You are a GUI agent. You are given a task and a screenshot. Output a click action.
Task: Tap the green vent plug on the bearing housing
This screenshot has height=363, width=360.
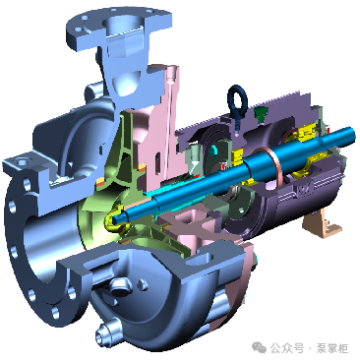(261, 114)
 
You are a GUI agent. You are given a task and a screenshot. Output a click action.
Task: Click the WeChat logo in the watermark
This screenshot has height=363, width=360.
(259, 347)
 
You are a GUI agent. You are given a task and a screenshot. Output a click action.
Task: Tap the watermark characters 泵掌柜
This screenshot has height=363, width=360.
(331, 348)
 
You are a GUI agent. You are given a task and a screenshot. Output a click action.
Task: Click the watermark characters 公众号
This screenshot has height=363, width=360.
(286, 348)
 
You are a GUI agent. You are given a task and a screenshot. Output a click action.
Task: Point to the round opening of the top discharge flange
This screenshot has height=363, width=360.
(123, 24)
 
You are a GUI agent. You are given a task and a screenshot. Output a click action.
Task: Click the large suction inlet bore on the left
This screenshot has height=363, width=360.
(46, 243)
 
